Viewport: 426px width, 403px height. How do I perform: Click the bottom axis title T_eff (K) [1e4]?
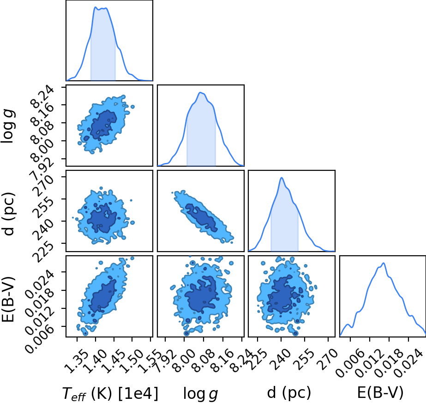[110, 393]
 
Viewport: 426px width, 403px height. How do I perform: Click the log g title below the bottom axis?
[201, 393]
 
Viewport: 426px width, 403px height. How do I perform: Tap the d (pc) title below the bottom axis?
[289, 393]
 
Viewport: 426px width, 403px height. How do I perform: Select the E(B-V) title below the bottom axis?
[380, 393]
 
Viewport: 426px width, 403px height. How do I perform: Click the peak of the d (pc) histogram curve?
[282, 178]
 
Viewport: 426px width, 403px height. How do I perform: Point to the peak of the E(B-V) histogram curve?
[384, 263]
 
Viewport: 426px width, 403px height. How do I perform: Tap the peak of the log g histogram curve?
[200, 92]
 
